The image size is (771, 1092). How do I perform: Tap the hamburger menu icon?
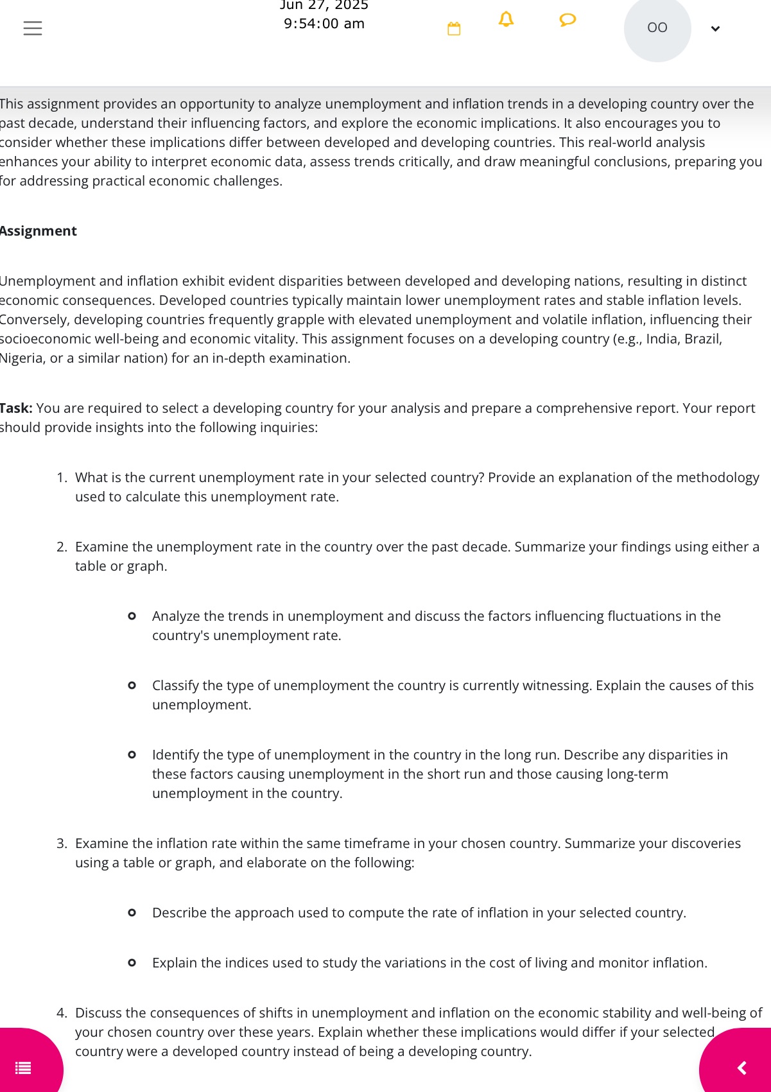click(33, 28)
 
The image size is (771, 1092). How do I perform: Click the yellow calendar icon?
click(454, 29)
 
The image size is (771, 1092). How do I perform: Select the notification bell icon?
click(506, 20)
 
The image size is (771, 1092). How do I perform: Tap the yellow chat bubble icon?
click(567, 21)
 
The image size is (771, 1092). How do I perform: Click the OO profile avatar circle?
click(657, 28)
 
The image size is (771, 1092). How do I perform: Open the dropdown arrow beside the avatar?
click(715, 29)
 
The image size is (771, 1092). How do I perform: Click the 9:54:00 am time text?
click(324, 24)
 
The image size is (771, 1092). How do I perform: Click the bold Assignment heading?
click(38, 231)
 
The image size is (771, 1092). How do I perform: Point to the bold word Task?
click(16, 408)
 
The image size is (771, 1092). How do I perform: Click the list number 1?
click(62, 478)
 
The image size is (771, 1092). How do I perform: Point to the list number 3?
click(62, 844)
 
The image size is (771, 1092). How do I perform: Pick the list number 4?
click(62, 1013)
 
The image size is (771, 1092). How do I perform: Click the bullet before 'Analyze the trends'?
click(132, 616)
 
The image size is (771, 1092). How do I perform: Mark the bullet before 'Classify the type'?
click(132, 686)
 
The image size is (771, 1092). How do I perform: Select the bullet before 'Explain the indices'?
click(132, 963)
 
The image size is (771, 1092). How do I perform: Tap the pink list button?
click(24, 1068)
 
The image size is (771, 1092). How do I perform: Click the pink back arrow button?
click(741, 1068)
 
